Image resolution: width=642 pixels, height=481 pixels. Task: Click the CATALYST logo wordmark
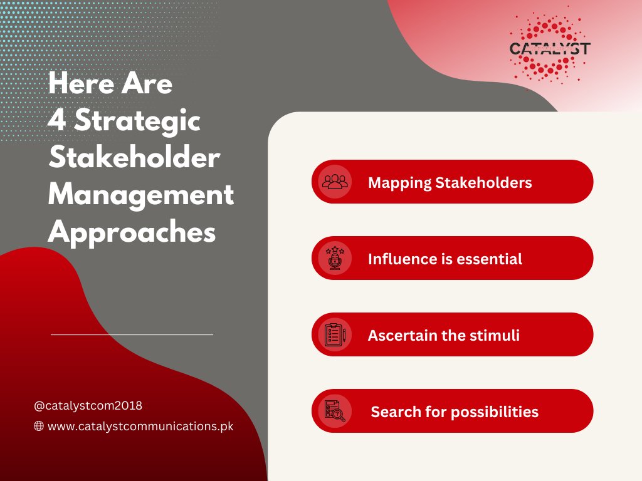(x=549, y=49)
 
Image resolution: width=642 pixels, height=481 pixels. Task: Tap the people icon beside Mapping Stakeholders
(x=335, y=182)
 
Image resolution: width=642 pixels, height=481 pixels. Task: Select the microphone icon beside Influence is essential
(x=335, y=258)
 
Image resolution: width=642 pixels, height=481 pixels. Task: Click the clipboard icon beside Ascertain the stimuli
(x=335, y=334)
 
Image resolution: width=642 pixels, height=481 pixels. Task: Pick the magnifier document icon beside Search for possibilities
(x=335, y=411)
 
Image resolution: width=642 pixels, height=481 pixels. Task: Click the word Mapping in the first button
(x=399, y=184)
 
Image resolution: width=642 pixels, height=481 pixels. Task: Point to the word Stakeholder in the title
(x=134, y=157)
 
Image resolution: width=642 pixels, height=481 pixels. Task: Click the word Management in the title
(x=141, y=195)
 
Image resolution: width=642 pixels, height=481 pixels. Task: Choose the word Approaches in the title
(x=132, y=232)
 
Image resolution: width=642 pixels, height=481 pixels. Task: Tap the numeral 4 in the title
(x=57, y=120)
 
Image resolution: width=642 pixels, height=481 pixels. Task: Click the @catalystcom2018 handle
(x=88, y=405)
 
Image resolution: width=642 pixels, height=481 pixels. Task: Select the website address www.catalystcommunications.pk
(x=140, y=426)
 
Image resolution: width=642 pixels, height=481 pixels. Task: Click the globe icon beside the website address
(x=38, y=426)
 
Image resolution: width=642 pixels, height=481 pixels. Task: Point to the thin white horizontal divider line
(x=132, y=334)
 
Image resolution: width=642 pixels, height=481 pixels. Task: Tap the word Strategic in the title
(x=137, y=121)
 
